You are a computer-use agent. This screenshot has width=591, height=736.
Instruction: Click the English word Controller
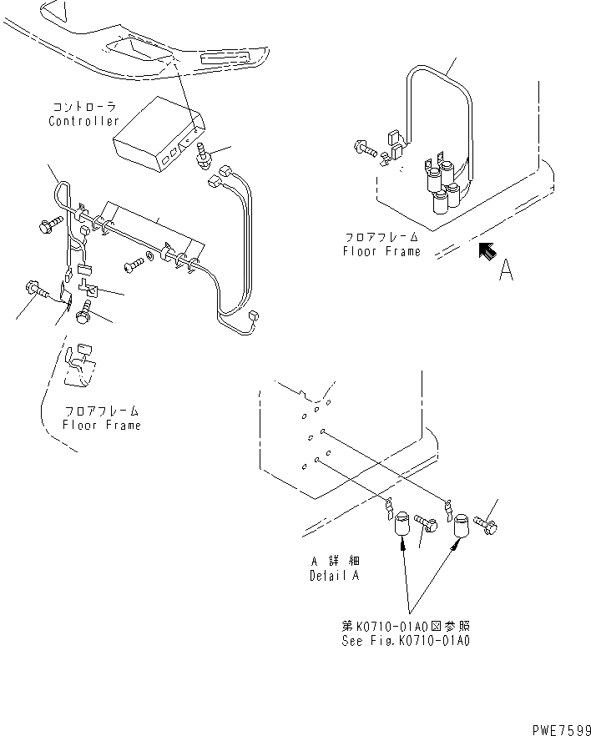pos(84,121)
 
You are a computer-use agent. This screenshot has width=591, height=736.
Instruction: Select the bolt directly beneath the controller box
pos(203,156)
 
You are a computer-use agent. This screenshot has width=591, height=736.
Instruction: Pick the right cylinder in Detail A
pos(462,528)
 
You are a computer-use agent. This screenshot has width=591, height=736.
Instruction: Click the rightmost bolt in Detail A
pos(487,525)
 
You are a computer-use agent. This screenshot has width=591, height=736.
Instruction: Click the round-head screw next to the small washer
pos(132,267)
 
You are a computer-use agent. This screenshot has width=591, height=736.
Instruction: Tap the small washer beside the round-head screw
pos(149,253)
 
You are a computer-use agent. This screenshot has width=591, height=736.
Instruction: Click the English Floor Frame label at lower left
pos(102,425)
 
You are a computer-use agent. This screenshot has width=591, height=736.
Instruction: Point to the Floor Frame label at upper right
pos(382,250)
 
